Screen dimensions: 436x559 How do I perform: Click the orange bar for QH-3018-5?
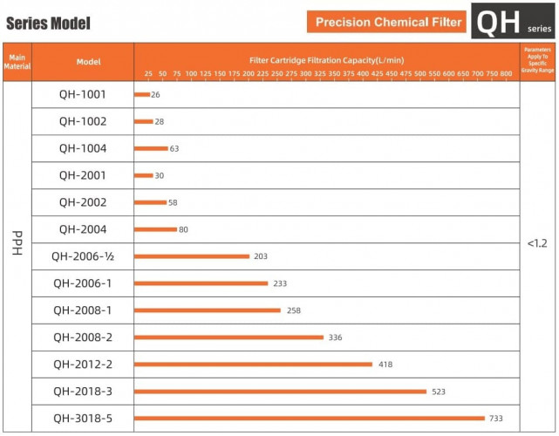(310, 419)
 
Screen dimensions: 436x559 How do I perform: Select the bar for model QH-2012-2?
(254, 364)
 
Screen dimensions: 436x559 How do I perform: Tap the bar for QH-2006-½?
(192, 256)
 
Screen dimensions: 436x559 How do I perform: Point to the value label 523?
(439, 392)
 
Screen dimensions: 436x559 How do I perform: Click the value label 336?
(335, 337)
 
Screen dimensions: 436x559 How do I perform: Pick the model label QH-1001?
(83, 94)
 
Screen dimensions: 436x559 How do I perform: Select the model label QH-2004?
(83, 229)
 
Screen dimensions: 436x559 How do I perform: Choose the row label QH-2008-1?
(83, 310)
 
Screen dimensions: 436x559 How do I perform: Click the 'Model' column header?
(88, 62)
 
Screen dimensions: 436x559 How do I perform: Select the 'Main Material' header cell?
(17, 62)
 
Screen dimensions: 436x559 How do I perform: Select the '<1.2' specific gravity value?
(537, 243)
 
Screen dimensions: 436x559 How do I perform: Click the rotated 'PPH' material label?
(17, 243)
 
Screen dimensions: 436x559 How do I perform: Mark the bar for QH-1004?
(151, 148)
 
